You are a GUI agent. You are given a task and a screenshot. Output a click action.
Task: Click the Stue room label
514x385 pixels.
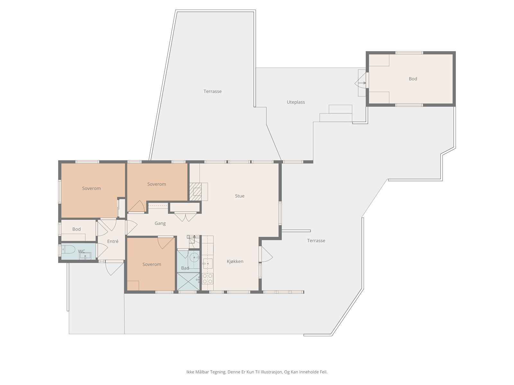pos(240,196)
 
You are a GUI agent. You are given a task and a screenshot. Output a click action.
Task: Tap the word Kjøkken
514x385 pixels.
pos(235,261)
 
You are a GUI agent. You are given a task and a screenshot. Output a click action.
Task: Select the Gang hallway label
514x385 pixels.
pos(160,223)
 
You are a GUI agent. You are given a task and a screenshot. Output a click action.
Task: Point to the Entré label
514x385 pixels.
pos(113,241)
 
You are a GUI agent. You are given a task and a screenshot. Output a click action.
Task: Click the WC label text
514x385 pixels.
pos(81,251)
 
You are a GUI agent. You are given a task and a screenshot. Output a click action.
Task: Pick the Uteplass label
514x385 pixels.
pos(296,102)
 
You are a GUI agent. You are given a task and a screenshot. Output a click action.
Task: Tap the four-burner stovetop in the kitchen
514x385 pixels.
pos(208,278)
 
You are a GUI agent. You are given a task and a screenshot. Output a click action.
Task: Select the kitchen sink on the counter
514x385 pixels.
pos(208,264)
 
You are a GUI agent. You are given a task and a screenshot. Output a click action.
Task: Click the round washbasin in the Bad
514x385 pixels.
pos(194,258)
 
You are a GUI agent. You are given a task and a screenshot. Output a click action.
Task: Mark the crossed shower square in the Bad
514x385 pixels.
pos(188,282)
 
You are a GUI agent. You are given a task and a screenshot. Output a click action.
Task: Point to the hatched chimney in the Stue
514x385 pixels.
pos(195,192)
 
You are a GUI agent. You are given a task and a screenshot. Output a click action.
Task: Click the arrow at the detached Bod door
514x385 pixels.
pos(362,83)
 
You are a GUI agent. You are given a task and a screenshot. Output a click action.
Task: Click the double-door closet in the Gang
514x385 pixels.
pos(185,217)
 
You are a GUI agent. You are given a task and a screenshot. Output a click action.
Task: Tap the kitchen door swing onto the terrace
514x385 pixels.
pos(267,254)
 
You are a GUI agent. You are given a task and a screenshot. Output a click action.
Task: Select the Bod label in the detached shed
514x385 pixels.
pos(413,79)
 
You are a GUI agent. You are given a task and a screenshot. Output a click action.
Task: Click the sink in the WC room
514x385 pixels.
pos(85,256)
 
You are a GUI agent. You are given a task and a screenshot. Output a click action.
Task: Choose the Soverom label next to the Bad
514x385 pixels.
pos(152,264)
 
